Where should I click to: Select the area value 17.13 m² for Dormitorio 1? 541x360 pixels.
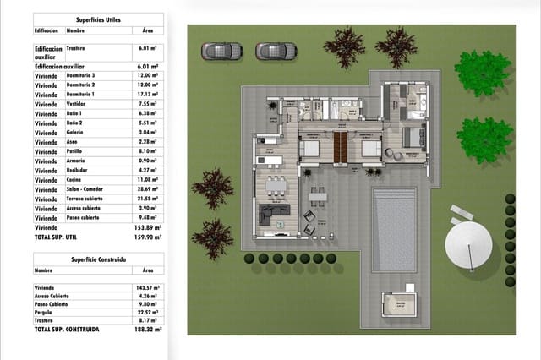point(149,95)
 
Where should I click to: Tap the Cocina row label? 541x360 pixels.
point(75,180)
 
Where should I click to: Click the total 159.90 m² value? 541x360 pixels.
point(149,237)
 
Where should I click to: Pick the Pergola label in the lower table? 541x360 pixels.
point(46,312)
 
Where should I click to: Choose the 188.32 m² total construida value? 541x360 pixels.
point(149,329)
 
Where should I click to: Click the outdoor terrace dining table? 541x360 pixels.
point(318,198)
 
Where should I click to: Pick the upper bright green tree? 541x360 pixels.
point(484,73)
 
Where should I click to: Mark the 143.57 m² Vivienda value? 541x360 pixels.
point(149,286)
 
